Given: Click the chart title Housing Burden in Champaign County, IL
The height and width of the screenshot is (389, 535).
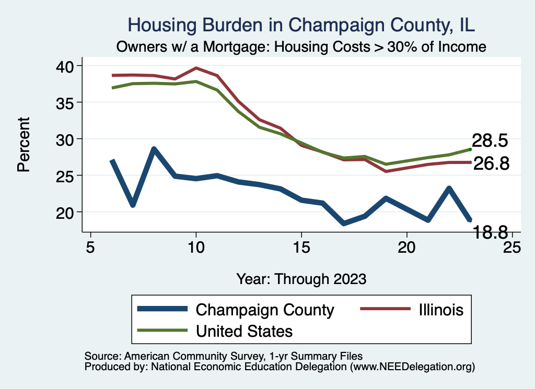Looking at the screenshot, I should [301, 25].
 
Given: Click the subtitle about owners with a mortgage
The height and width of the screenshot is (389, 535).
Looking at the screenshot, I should [301, 46].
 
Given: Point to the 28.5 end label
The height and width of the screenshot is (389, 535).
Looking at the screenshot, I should [490, 141].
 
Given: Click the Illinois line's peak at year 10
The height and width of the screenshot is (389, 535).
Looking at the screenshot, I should [196, 68].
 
